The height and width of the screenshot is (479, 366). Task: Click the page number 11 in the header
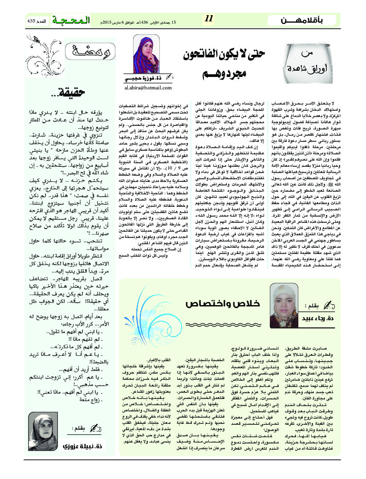tap(210, 19)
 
